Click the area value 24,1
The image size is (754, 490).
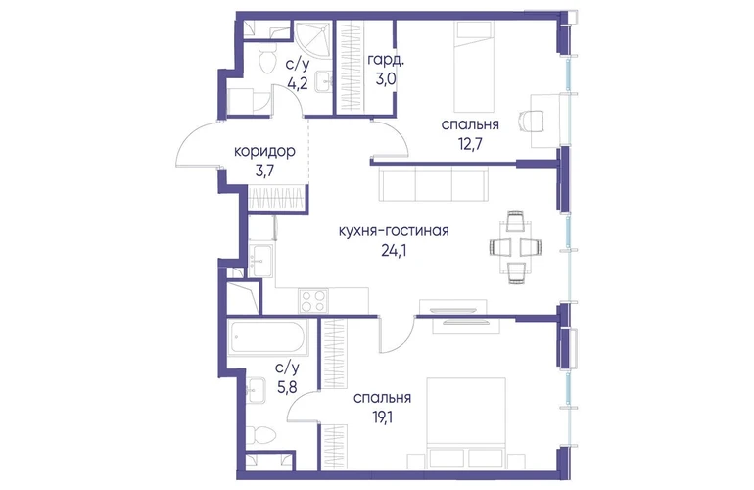pos(394,251)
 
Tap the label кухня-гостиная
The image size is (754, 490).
pos(394,231)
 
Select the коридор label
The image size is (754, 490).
pos(264,152)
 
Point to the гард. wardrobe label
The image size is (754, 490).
pos(386,60)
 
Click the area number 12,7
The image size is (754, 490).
pos(470,143)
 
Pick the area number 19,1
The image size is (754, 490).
pos(382,417)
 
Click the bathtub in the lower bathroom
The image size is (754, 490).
pos(267,337)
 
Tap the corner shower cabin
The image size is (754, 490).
pos(311,39)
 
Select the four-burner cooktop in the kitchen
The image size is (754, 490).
pos(312,301)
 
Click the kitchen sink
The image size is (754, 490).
pos(261,261)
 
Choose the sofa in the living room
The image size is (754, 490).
pos(433,183)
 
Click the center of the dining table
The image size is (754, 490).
pos(515,247)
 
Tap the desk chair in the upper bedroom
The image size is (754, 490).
pos(532,120)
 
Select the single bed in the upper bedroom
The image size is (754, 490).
pos(474,67)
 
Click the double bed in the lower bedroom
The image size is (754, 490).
pos(466,422)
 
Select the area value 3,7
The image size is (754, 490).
pos(264,171)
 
